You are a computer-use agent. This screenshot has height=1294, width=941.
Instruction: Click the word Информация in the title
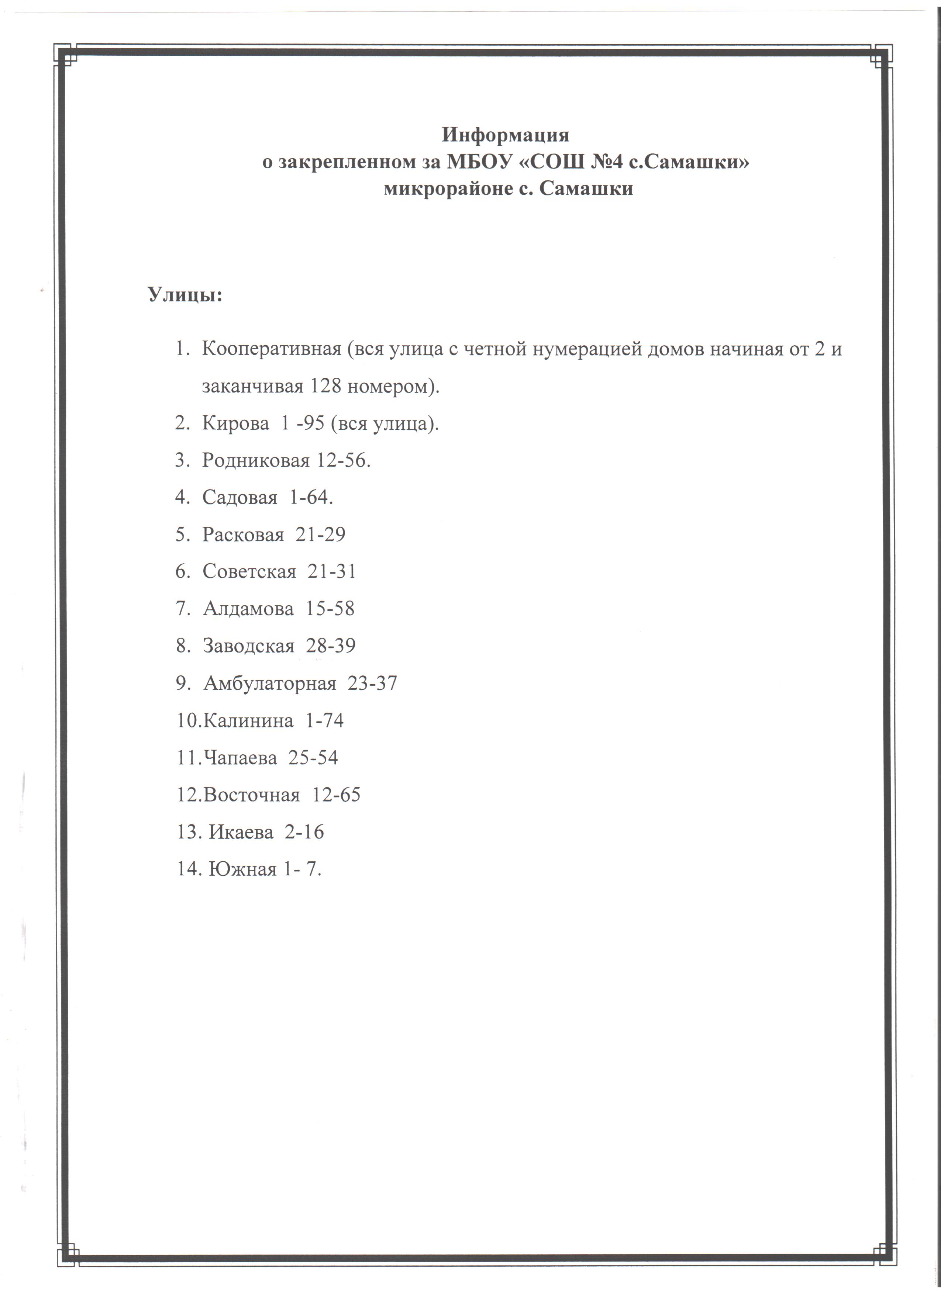(505, 135)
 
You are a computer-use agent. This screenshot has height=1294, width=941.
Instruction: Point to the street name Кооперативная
(272, 349)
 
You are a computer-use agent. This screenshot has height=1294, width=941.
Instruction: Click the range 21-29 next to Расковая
(320, 534)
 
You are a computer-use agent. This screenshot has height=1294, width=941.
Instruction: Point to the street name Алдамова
(248, 609)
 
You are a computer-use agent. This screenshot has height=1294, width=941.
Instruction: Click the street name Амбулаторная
(269, 683)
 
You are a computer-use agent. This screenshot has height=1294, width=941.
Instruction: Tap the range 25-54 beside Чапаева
(313, 758)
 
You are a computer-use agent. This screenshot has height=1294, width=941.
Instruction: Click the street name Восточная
(251, 795)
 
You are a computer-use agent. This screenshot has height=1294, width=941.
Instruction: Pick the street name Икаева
(241, 832)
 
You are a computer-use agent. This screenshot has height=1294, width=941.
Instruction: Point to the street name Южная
(242, 869)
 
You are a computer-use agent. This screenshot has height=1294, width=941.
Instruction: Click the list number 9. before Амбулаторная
(183, 683)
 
